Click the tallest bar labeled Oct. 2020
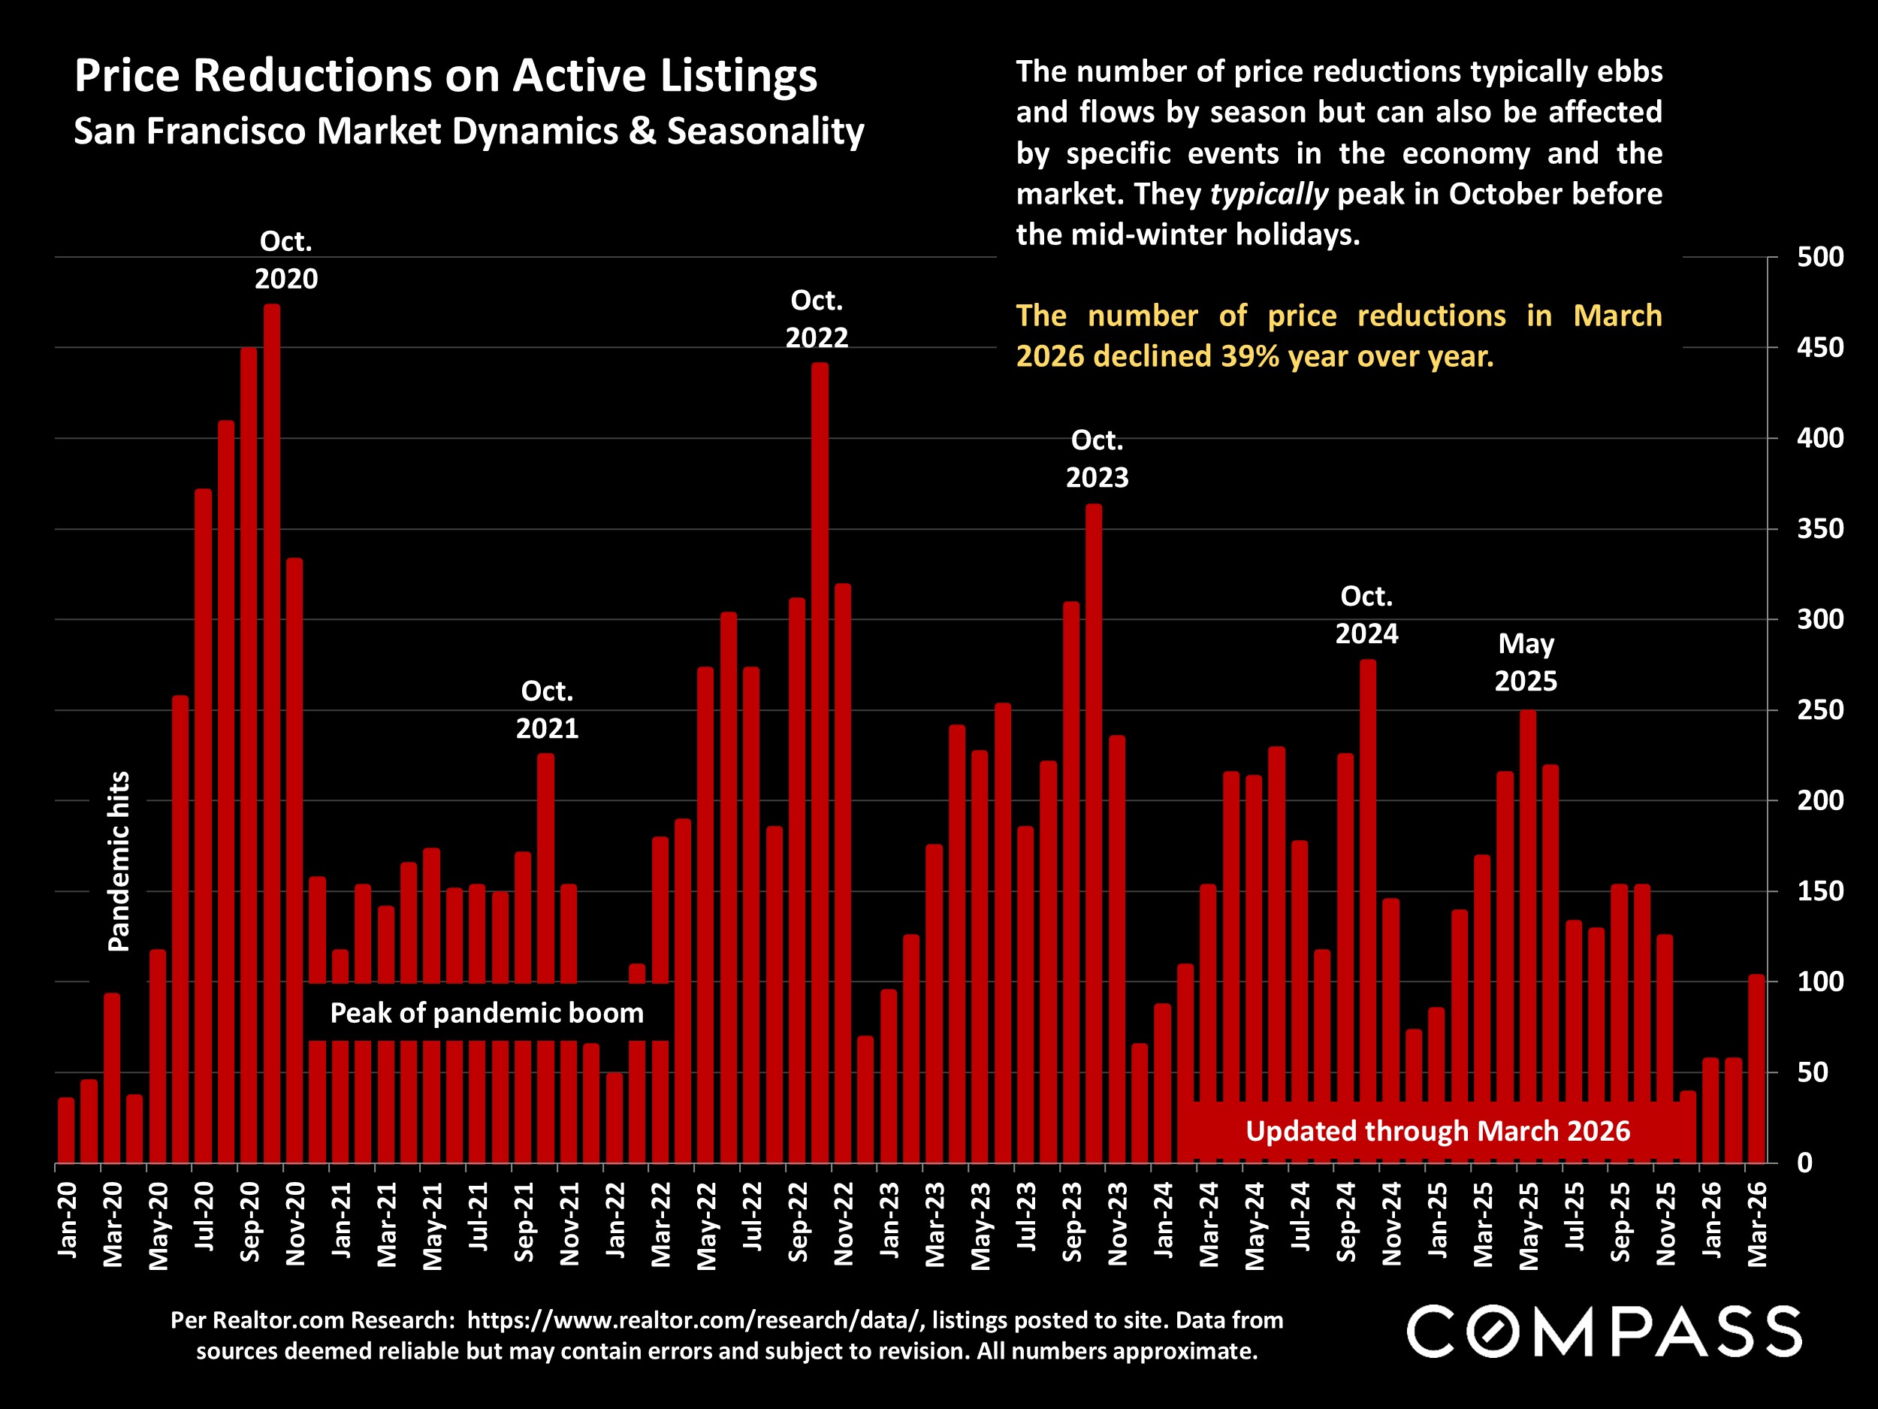point(272,733)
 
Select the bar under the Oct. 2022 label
point(820,763)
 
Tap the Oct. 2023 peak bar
point(1094,833)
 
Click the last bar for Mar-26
point(1756,1069)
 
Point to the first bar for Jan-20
point(66,1129)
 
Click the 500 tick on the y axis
point(1820,256)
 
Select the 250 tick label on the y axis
point(1820,709)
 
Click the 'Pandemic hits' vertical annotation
point(119,861)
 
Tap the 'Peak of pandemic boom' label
point(487,1012)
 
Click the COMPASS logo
point(1604,1332)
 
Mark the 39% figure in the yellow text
point(1250,356)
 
